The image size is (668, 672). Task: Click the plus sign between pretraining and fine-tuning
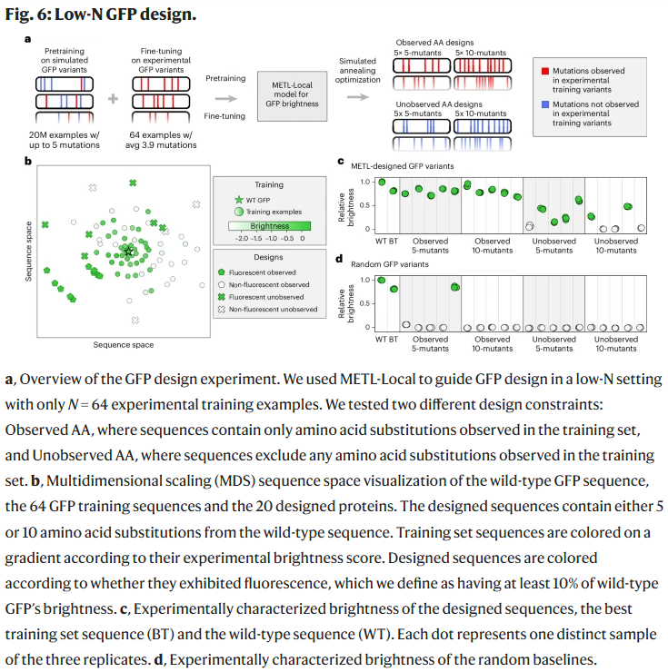[114, 96]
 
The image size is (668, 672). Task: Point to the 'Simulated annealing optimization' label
[355, 76]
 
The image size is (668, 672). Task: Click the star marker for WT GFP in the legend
[239, 199]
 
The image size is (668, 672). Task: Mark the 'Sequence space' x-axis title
[124, 344]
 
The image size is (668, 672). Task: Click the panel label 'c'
[340, 162]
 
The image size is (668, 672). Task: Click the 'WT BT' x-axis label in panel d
[386, 339]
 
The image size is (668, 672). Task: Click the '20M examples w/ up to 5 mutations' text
[57, 141]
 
